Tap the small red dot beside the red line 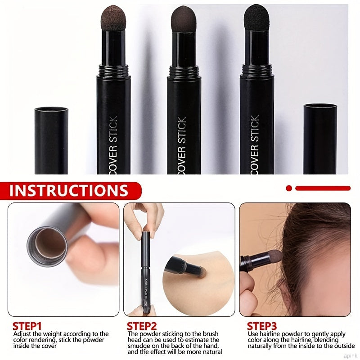click(289, 188)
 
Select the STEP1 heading click(27, 326)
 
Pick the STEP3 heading click(262, 326)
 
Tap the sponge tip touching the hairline click(274, 257)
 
